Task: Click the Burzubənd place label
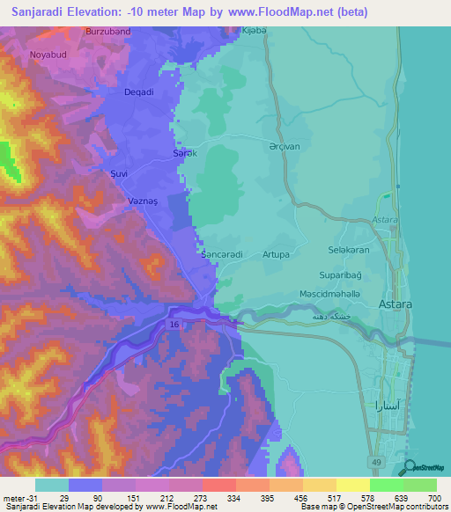pos(108,31)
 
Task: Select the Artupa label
pos(276,254)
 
